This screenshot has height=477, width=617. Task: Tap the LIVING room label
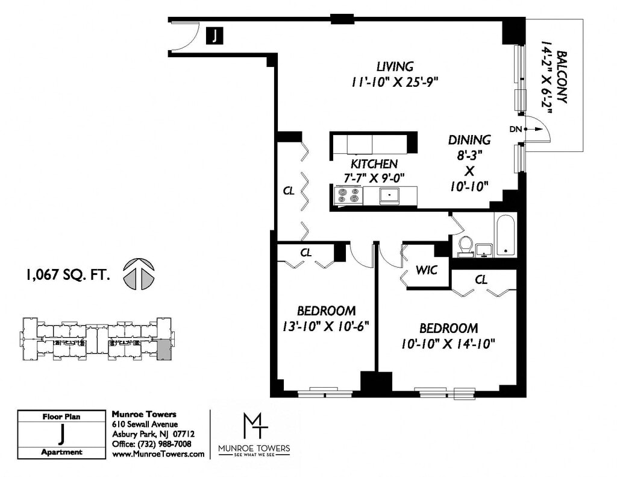395,66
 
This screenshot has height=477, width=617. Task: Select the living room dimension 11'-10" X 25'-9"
395,83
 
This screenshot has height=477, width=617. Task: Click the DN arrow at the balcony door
532,129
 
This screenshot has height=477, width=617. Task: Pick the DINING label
469,140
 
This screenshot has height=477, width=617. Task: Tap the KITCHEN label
374,164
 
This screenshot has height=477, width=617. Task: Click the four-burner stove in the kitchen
348,195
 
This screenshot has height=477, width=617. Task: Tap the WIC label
427,270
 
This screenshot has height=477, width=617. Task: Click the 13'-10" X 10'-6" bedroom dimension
326,326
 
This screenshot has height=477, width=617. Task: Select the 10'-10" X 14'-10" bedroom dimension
448,344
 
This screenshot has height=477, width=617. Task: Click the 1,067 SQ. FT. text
67,274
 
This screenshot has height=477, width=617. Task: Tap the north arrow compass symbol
139,274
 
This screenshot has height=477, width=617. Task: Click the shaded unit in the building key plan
165,350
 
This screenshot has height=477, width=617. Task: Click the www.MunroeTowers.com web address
158,453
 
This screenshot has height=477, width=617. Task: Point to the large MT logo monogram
255,425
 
